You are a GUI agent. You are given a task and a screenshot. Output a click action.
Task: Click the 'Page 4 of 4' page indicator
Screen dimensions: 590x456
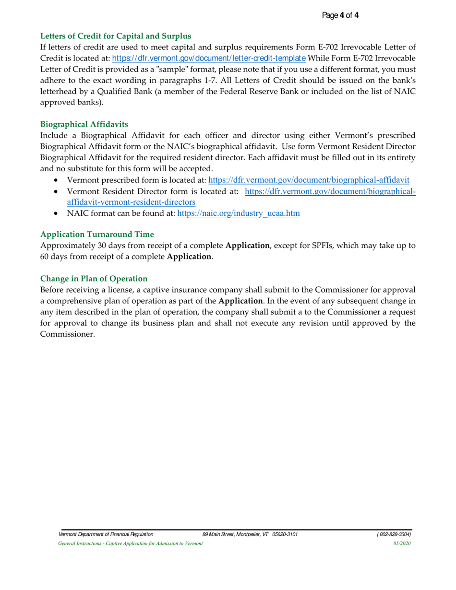tap(340, 15)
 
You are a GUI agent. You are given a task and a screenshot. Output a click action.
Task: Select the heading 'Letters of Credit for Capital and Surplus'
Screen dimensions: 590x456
tap(116, 36)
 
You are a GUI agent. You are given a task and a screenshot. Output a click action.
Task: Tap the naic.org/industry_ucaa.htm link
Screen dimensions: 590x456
tap(239, 214)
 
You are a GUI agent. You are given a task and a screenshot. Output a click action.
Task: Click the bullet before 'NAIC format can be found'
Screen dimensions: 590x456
tap(58, 214)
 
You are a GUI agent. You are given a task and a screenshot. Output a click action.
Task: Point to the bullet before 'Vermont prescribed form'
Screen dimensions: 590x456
tap(58, 180)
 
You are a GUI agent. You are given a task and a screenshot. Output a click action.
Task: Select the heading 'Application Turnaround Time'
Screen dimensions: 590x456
tap(97, 234)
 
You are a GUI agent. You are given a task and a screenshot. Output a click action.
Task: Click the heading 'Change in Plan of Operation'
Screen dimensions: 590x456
tap(94, 279)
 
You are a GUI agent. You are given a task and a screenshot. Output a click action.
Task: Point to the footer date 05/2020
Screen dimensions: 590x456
tap(402, 543)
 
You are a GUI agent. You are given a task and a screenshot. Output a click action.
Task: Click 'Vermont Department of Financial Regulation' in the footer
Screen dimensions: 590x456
tap(106, 534)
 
